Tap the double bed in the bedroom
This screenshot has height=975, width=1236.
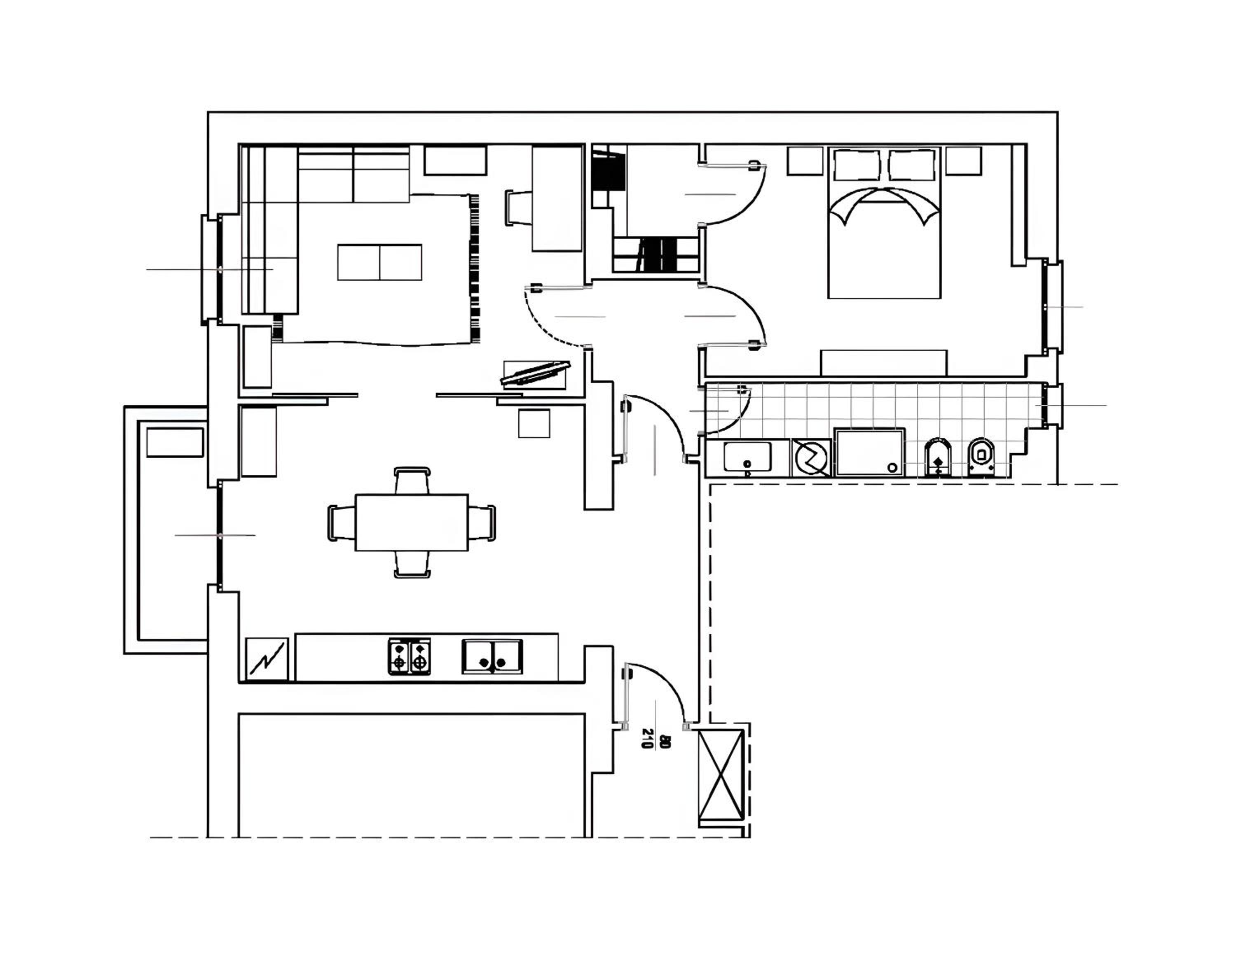point(884,223)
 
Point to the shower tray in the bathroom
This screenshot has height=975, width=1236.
point(870,453)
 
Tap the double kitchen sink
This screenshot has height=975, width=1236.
point(492,656)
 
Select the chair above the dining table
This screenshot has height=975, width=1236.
point(412,481)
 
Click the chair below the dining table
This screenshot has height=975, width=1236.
point(412,564)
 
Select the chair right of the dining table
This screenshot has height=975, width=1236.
point(482,522)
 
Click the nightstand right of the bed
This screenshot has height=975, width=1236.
point(964,161)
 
